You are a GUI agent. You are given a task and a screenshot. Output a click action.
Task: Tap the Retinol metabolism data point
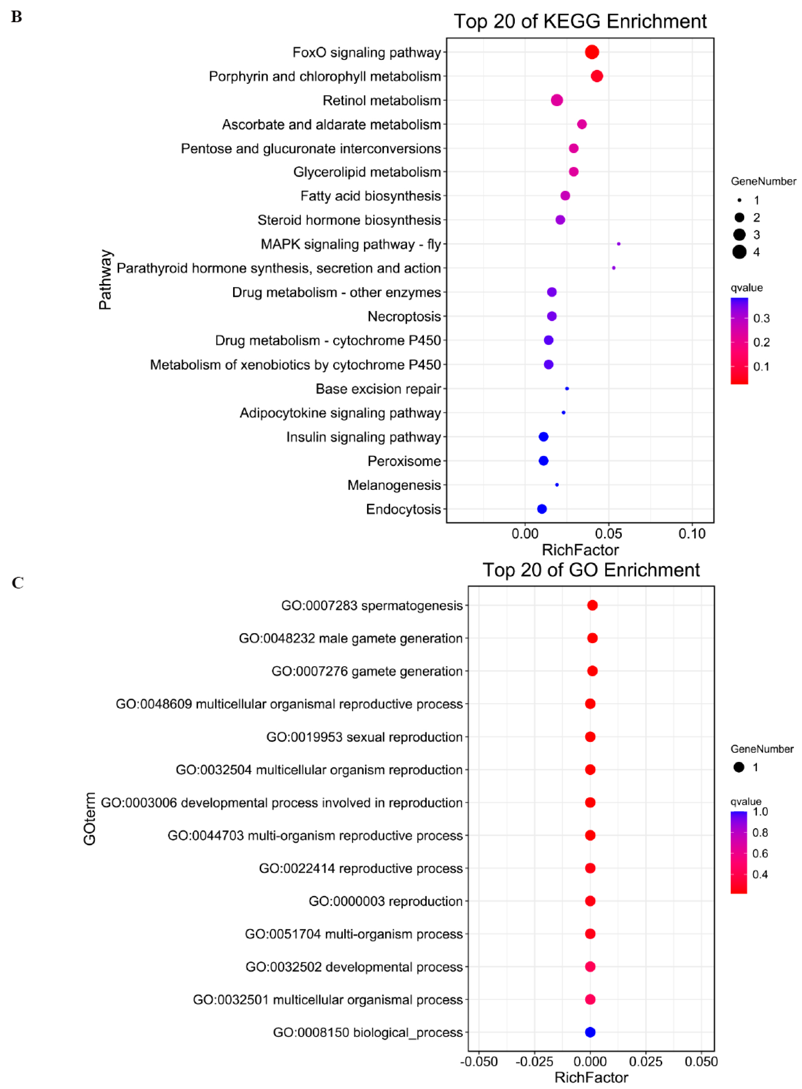[557, 100]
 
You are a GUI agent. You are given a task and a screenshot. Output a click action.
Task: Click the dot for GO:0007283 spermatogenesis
[592, 605]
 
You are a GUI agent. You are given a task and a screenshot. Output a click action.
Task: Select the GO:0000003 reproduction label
[385, 901]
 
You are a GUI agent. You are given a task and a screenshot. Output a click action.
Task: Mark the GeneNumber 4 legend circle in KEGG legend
[739, 252]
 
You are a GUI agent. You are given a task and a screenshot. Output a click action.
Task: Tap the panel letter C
[18, 582]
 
